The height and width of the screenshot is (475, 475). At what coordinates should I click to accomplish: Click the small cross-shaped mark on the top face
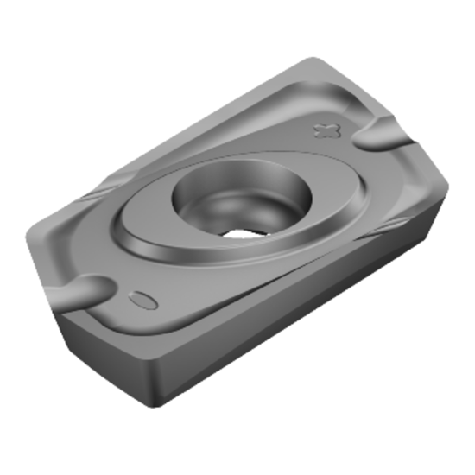326,130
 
